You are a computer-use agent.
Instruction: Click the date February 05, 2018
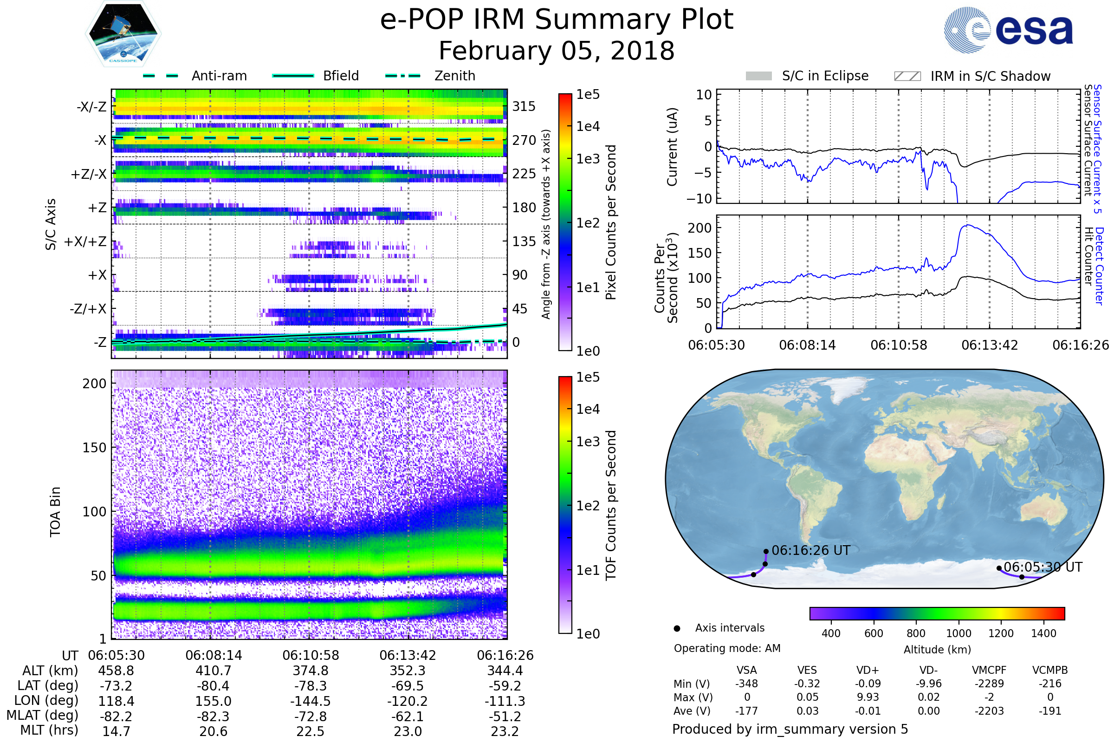[557, 51]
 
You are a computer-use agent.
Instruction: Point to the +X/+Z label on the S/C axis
[85, 241]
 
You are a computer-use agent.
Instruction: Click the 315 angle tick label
[524, 106]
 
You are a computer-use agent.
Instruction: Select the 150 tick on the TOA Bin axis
[94, 448]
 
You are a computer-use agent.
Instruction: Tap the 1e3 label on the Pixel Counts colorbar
[588, 159]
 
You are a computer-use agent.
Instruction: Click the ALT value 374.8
[310, 671]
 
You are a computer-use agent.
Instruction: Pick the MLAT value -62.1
[408, 716]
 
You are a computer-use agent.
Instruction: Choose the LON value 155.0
[213, 701]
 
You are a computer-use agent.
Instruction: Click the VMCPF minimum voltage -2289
[989, 684]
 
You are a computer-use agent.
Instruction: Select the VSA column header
[746, 670]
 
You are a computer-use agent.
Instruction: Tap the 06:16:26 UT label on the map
[811, 551]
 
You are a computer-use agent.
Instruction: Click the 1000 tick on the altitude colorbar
[958, 633]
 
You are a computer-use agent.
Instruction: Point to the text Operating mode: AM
[727, 648]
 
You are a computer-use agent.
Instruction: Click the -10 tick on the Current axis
[699, 199]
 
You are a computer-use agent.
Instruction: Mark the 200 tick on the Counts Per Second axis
[699, 228]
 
